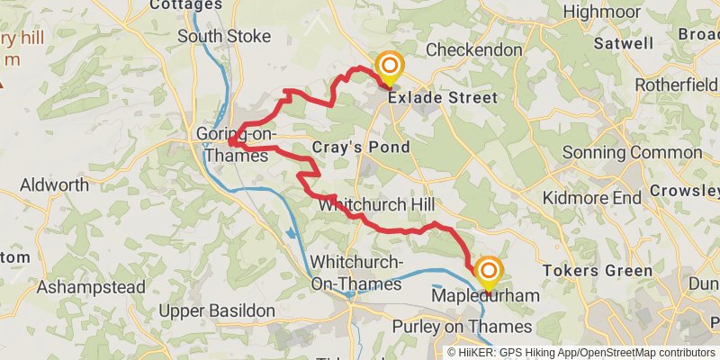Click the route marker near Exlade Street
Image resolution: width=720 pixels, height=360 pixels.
coord(390,67)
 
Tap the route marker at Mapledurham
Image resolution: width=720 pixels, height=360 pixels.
coord(489,272)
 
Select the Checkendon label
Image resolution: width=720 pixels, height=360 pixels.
coord(473,49)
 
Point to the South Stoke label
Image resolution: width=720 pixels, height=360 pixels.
coord(224,37)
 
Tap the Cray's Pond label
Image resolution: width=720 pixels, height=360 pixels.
coord(361,147)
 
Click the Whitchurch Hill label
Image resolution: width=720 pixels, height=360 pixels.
coord(376,205)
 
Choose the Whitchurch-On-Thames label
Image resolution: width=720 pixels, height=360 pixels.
coord(355,273)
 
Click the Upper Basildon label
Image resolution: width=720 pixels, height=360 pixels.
coord(217,310)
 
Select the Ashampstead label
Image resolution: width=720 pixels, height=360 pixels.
coord(91,288)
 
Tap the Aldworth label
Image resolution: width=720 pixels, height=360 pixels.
coord(55,185)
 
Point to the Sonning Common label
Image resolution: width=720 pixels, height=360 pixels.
coord(640,153)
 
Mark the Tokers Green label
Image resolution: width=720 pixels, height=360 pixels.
coord(598,271)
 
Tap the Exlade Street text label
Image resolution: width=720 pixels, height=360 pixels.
coord(443,97)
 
